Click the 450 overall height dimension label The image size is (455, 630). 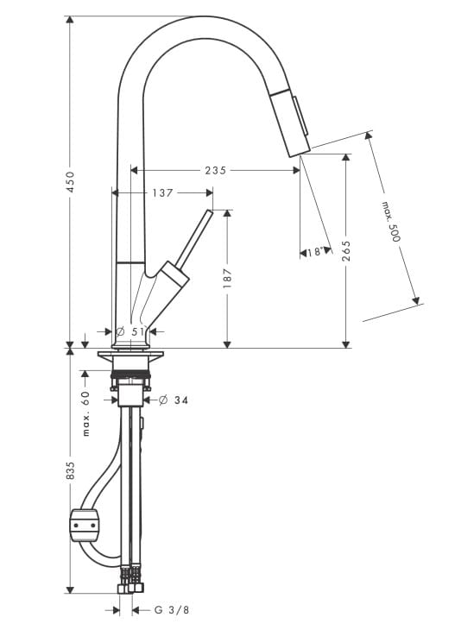pyautogui.click(x=70, y=181)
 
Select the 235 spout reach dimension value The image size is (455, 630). pyautogui.click(x=216, y=170)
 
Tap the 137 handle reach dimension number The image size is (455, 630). pyautogui.click(x=162, y=192)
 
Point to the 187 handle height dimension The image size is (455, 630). pyautogui.click(x=228, y=278)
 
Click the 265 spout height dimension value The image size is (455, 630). pyautogui.click(x=346, y=251)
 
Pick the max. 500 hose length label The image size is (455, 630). pyautogui.click(x=391, y=222)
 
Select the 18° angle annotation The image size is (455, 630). pyautogui.click(x=315, y=252)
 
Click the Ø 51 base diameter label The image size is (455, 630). pyautogui.click(x=130, y=331)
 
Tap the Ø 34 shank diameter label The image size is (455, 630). pyautogui.click(x=174, y=400)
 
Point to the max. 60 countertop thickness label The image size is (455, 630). pyautogui.click(x=86, y=413)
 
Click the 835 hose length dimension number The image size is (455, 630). pyautogui.click(x=70, y=470)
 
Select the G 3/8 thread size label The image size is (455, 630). pyautogui.click(x=172, y=610)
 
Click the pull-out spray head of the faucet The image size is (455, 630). pyautogui.click(x=289, y=123)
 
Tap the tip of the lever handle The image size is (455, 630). pyautogui.click(x=210, y=211)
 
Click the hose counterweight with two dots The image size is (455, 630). pyautogui.click(x=85, y=525)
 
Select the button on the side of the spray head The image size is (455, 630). pyautogui.click(x=301, y=117)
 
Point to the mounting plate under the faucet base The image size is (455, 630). pyautogui.click(x=130, y=354)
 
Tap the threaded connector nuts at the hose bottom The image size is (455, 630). pyautogui.click(x=130, y=584)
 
